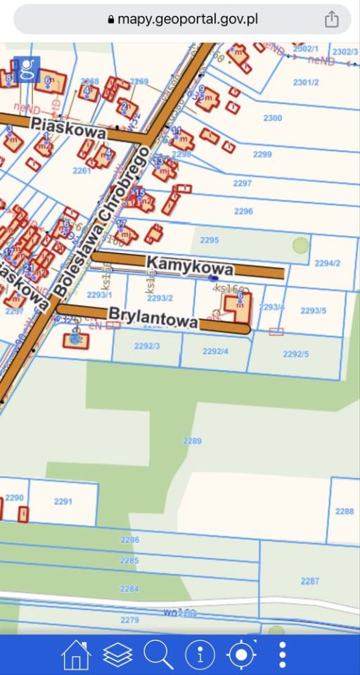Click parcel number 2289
point(192,441)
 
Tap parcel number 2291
point(63,501)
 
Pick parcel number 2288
point(345,511)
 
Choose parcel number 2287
point(309,581)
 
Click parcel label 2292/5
point(295,354)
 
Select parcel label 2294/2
point(327,263)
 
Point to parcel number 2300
point(273,118)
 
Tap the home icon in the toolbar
point(76,655)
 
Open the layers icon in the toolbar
point(117,655)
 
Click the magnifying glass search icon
point(158,655)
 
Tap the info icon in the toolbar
point(200,655)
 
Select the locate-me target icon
point(242,655)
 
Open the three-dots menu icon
point(283,655)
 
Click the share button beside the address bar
point(332,20)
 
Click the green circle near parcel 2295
point(300,245)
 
